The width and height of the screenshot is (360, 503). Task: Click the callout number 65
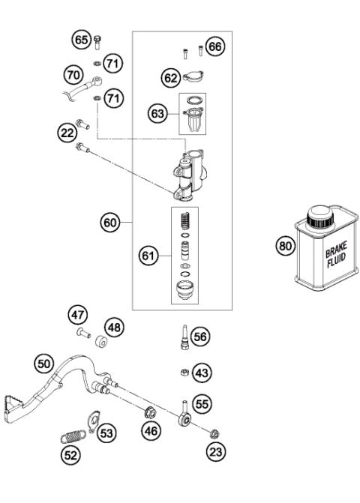coord(80,38)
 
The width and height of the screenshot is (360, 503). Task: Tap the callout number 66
coord(216,47)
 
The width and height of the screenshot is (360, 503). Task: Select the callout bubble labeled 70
coord(73,76)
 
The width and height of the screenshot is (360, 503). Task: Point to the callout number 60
coord(110,222)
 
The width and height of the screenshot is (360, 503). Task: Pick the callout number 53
coord(108,433)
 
